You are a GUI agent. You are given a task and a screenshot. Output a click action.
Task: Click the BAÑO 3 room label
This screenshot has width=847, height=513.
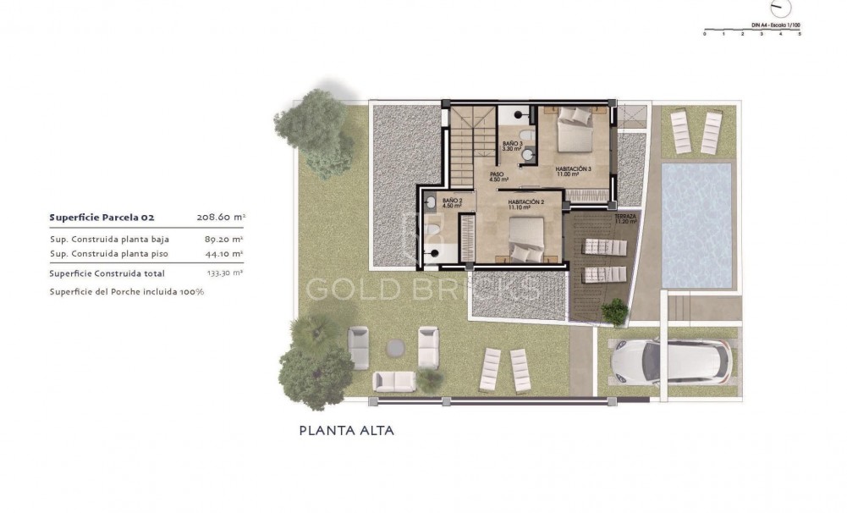(x=511, y=146)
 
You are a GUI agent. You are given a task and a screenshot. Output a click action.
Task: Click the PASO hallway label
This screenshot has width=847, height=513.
(x=498, y=178)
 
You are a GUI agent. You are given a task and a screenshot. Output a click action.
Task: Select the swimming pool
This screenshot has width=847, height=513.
(x=696, y=224)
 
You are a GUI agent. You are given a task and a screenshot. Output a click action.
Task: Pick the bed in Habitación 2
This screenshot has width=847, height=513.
(x=526, y=239)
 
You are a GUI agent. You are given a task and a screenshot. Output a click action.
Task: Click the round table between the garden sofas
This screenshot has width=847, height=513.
(x=395, y=346)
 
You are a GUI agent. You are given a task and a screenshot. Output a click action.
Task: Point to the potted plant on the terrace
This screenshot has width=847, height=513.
(x=615, y=312)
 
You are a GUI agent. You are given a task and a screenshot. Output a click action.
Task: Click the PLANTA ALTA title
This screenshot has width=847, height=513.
(x=347, y=430)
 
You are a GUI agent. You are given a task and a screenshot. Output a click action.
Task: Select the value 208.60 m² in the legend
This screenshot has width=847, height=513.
(x=220, y=217)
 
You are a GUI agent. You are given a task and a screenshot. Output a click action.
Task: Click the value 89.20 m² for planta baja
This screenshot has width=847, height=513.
(x=224, y=239)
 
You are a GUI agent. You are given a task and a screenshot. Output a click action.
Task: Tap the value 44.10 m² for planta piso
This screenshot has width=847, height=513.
(x=224, y=253)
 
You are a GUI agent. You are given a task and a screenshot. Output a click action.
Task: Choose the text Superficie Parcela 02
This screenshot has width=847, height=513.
(x=102, y=217)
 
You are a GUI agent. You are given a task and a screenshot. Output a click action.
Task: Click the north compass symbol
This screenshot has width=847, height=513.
(x=783, y=8)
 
